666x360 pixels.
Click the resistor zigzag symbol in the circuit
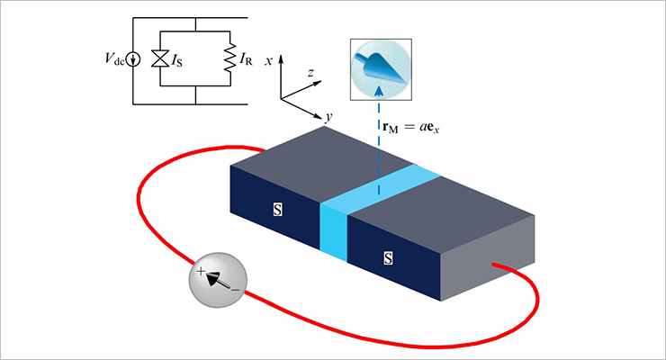click(x=228, y=60)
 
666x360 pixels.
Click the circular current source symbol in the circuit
click(x=134, y=60)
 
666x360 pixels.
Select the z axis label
click(x=309, y=70)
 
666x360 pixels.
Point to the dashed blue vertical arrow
click(x=379, y=144)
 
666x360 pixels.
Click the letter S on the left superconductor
click(x=277, y=210)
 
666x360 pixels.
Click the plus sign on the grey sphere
click(x=202, y=269)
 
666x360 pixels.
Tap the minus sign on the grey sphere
click(x=235, y=290)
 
